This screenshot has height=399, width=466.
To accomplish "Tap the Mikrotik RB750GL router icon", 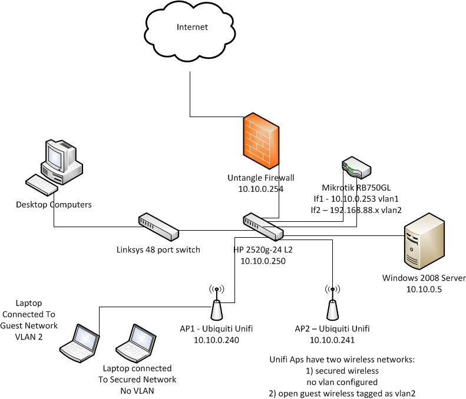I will point(356,168).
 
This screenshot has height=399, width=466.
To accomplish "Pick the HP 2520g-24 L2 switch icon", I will point(263,228).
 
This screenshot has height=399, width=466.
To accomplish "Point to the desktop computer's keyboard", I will point(41,184).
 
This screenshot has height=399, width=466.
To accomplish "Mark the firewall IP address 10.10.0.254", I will point(260,188).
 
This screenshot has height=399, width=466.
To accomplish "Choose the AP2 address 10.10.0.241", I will point(332,340).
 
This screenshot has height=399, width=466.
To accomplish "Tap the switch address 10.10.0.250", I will point(263,260).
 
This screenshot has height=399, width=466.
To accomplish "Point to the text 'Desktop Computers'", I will point(54,204).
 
